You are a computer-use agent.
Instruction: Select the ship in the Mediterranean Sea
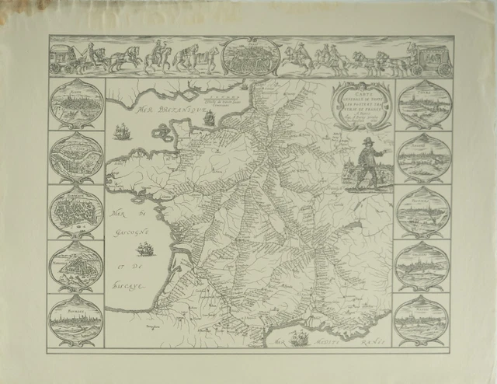pyautogui.click(x=299, y=337)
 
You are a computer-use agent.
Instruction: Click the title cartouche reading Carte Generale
pyautogui.click(x=360, y=105)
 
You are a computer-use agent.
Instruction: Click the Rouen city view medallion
pyautogui.click(x=76, y=103)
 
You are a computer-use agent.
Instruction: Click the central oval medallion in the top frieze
pyautogui.click(x=248, y=57)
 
